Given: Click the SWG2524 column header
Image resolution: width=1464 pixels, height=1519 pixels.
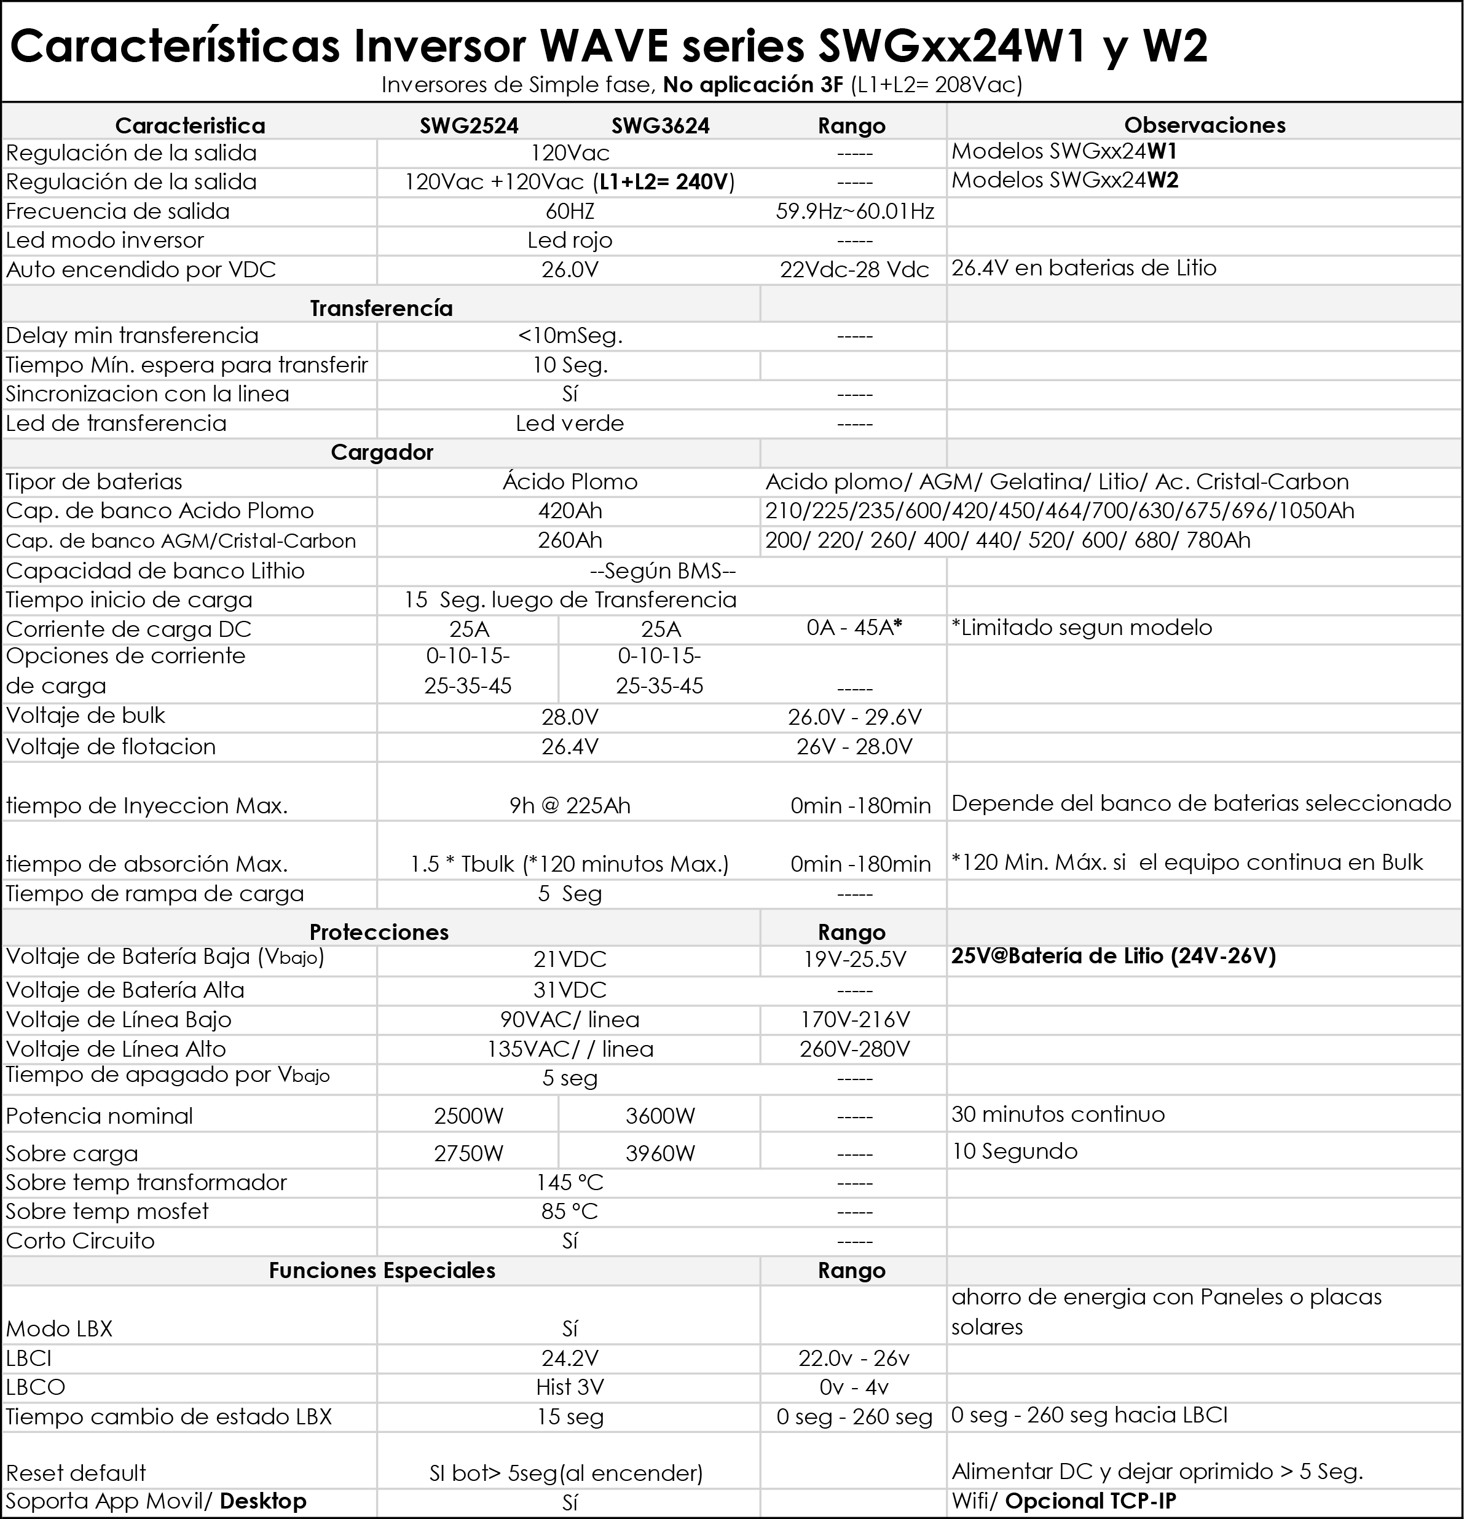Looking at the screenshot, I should [x=469, y=125].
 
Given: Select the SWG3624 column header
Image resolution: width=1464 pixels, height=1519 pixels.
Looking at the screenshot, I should [x=660, y=125].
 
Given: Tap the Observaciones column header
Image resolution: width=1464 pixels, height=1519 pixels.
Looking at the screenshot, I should [x=1205, y=125].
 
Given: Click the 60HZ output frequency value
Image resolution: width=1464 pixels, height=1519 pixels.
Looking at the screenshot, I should [x=570, y=211].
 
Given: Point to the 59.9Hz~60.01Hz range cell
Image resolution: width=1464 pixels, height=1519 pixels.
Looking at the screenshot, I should [x=855, y=211].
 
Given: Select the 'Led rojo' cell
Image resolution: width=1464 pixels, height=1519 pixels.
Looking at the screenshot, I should [x=570, y=240].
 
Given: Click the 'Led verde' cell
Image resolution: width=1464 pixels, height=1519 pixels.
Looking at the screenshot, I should [x=570, y=423].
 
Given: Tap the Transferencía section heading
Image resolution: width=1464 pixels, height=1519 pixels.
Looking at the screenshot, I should [x=381, y=309].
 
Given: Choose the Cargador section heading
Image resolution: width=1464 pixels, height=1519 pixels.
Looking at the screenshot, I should [x=381, y=452].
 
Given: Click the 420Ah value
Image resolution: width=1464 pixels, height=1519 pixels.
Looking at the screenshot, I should [x=570, y=511].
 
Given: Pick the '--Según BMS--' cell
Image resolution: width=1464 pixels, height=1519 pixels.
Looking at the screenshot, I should [x=662, y=571].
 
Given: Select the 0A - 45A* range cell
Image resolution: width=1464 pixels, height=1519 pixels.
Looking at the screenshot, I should [x=854, y=628].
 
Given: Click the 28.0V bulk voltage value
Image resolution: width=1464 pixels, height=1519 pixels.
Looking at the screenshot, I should [x=570, y=717].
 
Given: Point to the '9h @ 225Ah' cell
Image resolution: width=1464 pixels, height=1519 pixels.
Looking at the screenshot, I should [x=570, y=806].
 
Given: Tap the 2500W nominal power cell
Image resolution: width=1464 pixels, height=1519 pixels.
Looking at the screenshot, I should [x=469, y=1116].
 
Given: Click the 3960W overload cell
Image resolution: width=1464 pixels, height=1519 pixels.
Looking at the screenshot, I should [x=660, y=1153].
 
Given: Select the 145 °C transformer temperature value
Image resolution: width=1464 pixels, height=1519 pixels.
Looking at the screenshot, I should [x=570, y=1183].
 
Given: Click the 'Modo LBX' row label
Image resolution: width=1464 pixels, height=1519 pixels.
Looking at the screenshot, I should [x=60, y=1329].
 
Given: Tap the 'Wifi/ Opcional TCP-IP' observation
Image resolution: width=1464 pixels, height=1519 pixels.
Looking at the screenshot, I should [x=1063, y=1501].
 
